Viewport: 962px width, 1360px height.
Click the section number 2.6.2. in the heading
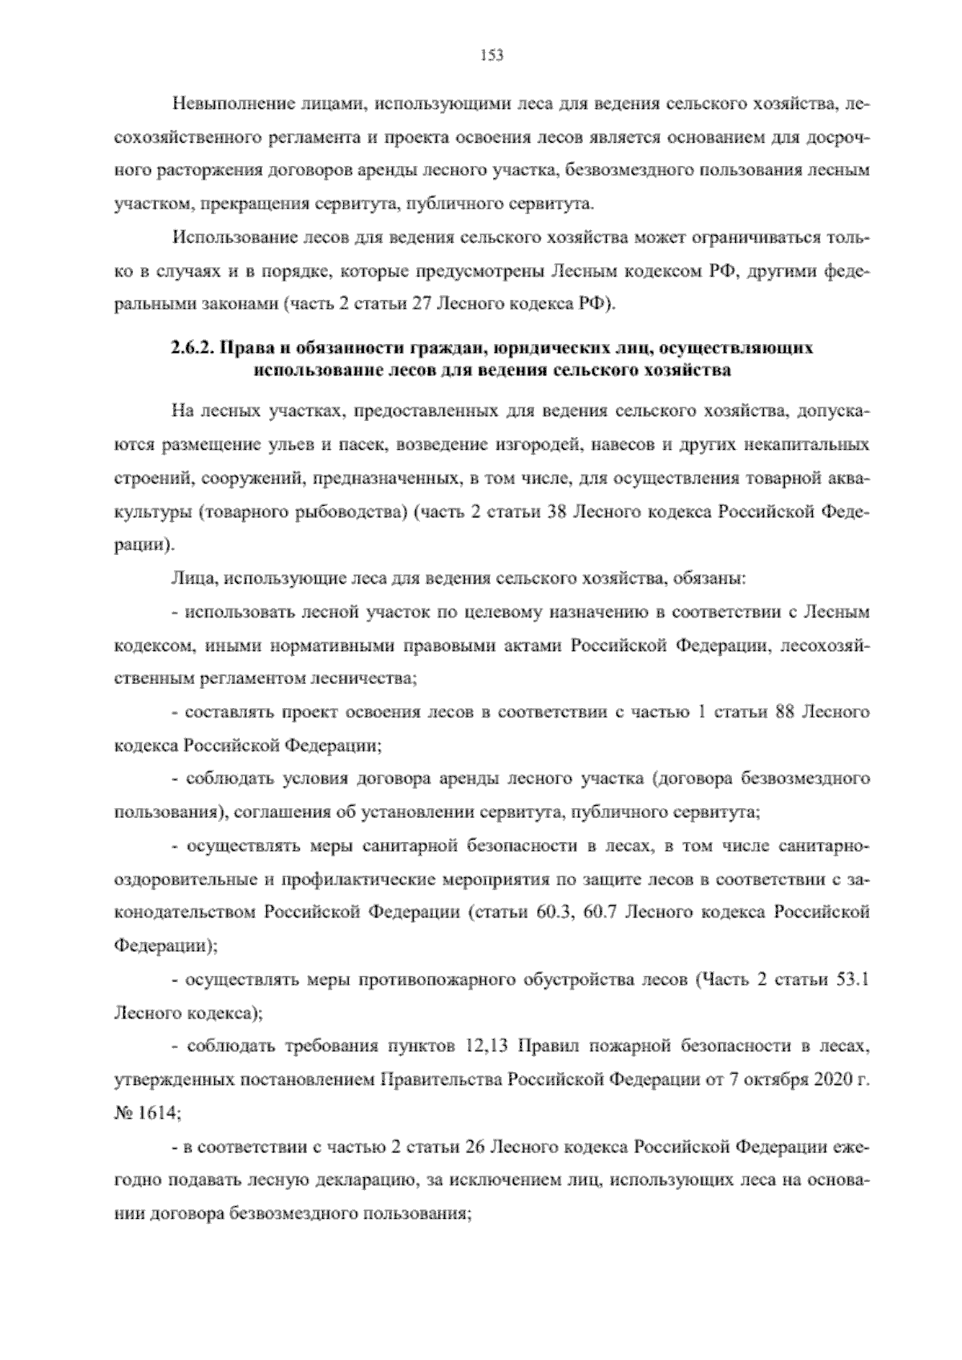point(192,349)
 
